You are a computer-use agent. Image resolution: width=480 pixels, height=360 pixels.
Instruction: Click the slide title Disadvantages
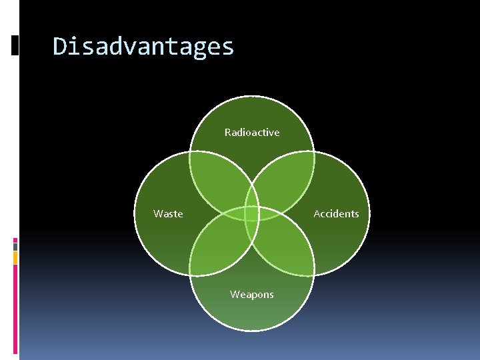143,47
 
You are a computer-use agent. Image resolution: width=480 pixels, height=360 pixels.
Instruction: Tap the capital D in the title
59,46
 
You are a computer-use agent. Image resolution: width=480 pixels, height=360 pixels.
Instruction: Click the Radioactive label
252,133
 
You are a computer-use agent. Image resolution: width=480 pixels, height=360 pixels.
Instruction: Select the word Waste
168,214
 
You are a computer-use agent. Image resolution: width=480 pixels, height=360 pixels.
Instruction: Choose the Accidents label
336,214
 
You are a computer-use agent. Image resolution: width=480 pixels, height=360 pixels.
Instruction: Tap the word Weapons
252,295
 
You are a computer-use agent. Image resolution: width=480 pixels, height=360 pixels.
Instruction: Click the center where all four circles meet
252,214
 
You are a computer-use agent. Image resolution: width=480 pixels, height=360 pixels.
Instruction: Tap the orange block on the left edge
15,257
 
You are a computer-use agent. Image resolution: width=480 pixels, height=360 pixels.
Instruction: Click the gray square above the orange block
15,246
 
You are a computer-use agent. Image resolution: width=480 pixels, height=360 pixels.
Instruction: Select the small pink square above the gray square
15,239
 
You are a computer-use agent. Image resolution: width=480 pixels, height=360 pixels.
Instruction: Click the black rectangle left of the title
15,45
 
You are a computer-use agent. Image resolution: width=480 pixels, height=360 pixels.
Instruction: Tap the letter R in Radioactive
228,133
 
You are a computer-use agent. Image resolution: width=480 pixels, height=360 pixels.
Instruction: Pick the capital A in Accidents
317,214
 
